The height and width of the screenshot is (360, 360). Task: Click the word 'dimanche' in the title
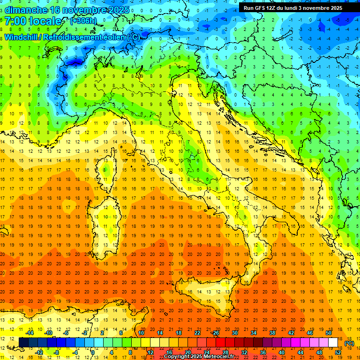(26, 9)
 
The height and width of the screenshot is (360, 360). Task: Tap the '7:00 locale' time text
(33, 21)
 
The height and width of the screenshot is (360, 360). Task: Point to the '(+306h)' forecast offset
(83, 21)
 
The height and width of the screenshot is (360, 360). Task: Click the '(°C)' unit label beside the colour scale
(349, 343)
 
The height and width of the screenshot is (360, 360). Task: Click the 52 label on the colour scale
(338, 352)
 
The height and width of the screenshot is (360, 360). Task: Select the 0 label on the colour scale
(93, 352)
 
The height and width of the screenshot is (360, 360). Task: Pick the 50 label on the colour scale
(328, 333)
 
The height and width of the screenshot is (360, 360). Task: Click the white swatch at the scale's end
(333, 343)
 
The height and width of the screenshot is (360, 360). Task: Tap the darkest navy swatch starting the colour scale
(24, 343)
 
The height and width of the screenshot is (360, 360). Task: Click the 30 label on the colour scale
(235, 333)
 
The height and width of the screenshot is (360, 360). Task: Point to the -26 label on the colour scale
(215, 333)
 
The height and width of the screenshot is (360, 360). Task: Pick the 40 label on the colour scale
(281, 352)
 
